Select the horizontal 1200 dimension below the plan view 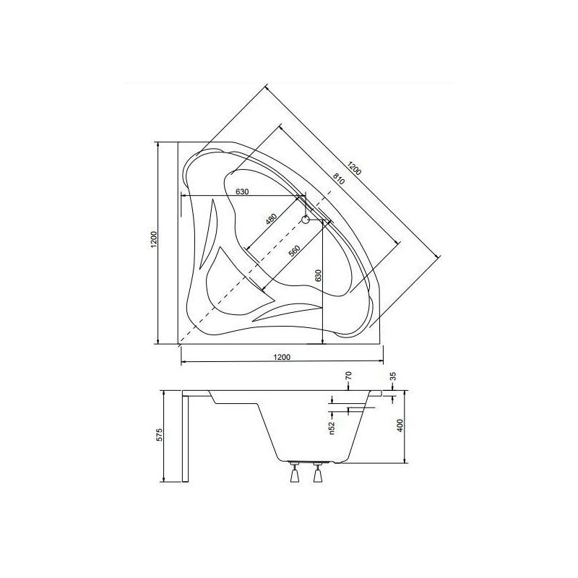click(282, 357)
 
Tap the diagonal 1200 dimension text click(354, 171)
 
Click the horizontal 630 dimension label click(241, 191)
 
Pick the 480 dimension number click(271, 221)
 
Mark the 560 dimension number click(293, 253)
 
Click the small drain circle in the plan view click(305, 219)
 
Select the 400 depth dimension click(400, 426)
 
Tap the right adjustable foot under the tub click(316, 474)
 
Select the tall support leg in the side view click(186, 437)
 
